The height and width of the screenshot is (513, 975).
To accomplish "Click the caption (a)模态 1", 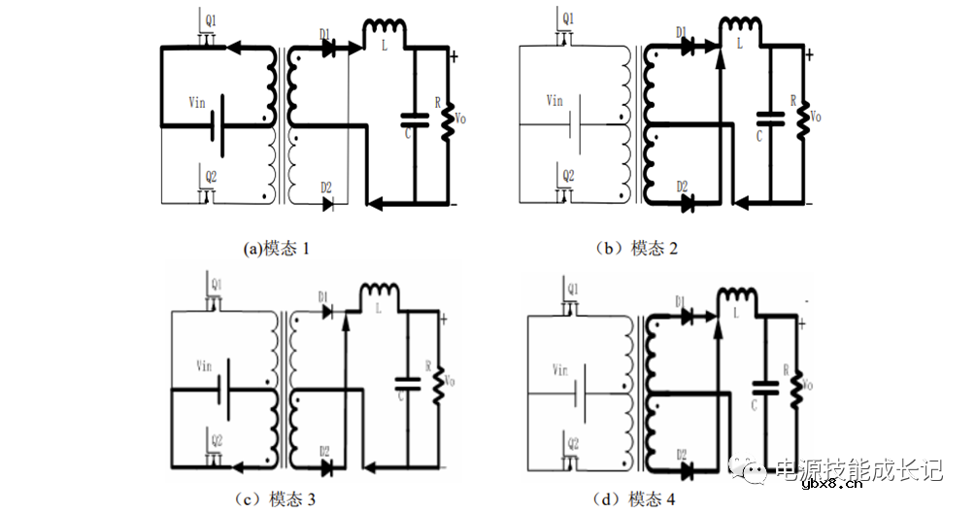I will pyautogui.click(x=277, y=249).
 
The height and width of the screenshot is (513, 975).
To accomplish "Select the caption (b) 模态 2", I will pyautogui.click(x=636, y=249).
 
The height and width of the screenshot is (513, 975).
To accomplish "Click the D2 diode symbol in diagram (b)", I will pyautogui.click(x=687, y=203).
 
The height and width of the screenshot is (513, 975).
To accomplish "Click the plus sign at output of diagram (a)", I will pyautogui.click(x=454, y=56).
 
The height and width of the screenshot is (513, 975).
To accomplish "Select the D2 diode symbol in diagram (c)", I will pyautogui.click(x=327, y=466).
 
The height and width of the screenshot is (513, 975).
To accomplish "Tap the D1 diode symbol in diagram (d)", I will pyautogui.click(x=687, y=314).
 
